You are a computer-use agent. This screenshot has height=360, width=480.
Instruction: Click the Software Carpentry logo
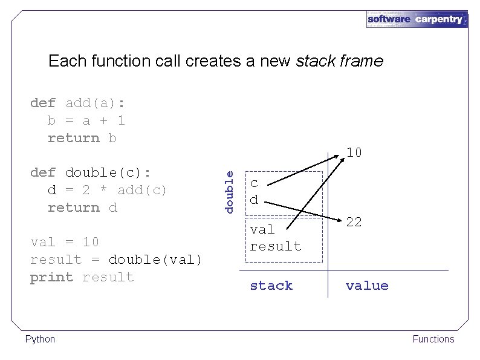[417, 19]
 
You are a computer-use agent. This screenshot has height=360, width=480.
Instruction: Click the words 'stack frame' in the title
[339, 61]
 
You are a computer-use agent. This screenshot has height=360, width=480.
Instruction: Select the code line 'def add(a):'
[77, 103]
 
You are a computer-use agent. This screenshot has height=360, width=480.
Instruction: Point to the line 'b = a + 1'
[86, 120]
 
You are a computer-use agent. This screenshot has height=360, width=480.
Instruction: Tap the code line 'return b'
[82, 138]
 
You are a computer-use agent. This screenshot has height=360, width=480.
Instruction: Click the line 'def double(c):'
[90, 172]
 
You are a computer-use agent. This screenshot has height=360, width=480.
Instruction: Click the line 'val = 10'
[64, 242]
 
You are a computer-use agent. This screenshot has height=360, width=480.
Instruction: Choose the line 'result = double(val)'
[115, 260]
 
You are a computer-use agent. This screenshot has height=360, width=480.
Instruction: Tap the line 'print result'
[82, 277]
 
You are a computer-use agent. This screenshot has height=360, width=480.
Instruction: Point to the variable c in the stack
[254, 183]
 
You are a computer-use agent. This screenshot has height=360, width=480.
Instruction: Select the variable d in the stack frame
[254, 199]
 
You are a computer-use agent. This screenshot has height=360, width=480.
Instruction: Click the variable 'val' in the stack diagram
[262, 229]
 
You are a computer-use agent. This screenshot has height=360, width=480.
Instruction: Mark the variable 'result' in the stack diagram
[275, 246]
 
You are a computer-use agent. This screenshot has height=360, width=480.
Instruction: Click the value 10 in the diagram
[354, 152]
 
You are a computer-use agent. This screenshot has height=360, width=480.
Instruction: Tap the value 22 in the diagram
[354, 222]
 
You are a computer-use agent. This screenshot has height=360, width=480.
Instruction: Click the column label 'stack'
[271, 286]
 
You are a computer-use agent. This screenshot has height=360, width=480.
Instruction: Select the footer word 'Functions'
[433, 339]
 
